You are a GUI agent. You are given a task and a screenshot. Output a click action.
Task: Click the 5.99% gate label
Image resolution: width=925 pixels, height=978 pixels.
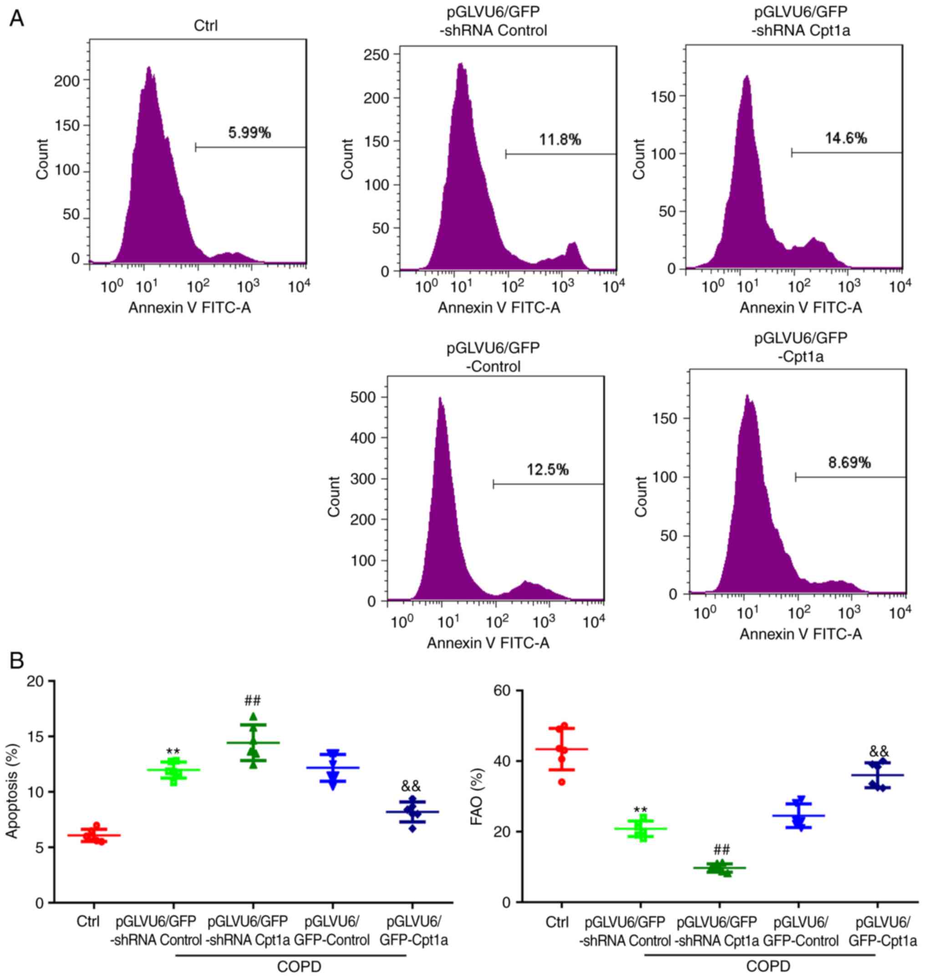[x=249, y=133]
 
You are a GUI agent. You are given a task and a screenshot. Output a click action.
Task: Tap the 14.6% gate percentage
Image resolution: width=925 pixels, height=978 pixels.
[x=846, y=138]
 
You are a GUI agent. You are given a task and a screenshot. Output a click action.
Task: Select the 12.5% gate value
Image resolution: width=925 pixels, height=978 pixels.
[x=548, y=470]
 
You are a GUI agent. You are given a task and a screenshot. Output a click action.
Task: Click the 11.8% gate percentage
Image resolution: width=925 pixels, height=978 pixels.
[x=560, y=140]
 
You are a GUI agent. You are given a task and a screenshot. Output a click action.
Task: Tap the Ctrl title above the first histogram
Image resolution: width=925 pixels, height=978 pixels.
[x=206, y=25]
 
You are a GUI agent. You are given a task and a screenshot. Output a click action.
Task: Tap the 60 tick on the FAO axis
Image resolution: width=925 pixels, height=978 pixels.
[x=502, y=692]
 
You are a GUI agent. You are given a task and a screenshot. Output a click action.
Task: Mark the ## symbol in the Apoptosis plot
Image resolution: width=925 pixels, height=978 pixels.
[x=253, y=700]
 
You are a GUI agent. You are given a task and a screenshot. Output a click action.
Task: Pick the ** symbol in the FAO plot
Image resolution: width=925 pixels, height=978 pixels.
[x=640, y=810]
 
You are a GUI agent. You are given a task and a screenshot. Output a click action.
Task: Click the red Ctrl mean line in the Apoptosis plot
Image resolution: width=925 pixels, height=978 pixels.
[x=94, y=835]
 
